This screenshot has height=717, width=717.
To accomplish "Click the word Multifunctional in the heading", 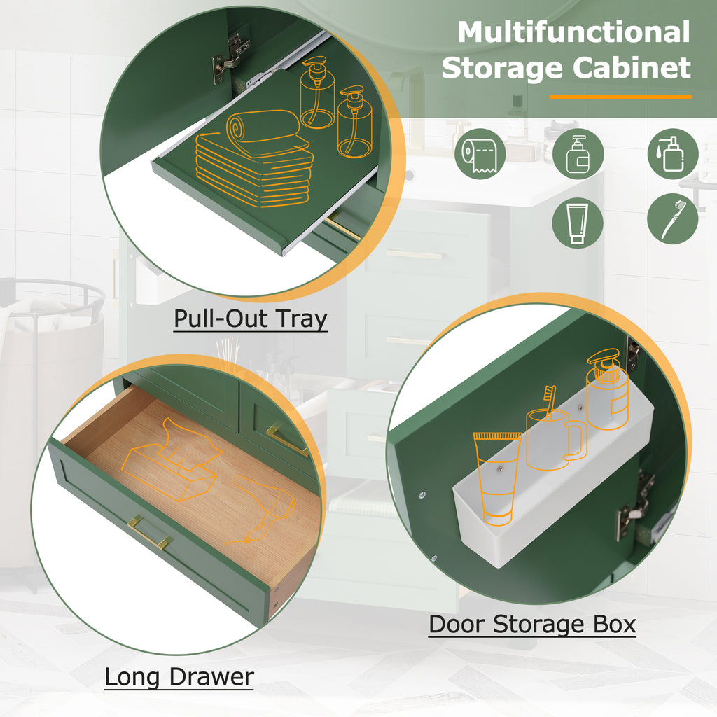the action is point(574,32).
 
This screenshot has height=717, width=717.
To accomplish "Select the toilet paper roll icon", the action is point(480,154).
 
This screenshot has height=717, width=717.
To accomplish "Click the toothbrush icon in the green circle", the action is point(673,219).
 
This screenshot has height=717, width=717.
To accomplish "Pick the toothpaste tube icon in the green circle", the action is point(577,223).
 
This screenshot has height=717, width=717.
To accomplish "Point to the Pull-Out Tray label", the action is point(251,319).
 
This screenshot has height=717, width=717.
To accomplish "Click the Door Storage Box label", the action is point(532,625).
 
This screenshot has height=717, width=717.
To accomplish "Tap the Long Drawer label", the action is point(179,677).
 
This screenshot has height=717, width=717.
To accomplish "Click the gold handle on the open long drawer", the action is point(149,532).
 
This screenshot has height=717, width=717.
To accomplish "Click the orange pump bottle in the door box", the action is point(607,389).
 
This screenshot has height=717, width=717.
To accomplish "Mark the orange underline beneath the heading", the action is point(620,97).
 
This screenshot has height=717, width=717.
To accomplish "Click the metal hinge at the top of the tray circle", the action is point(231,57).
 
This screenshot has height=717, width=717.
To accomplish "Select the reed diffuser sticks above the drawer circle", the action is point(228,355).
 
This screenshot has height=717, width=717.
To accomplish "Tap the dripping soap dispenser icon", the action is point(673,154).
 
